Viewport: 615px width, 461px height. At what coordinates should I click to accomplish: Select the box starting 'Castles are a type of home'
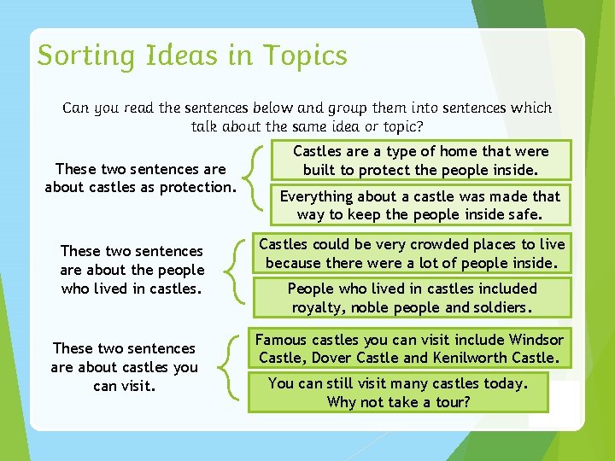[x=421, y=160]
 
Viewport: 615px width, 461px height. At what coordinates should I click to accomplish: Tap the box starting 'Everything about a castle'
[x=420, y=206]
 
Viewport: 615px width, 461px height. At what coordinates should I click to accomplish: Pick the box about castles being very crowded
[x=412, y=254]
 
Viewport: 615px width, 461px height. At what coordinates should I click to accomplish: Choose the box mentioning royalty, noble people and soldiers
[x=412, y=298]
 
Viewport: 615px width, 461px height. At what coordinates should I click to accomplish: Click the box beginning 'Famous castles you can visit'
[x=411, y=349]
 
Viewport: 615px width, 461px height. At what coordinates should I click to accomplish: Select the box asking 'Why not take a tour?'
[x=398, y=392]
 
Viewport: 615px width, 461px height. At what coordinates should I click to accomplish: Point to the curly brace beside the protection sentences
[x=256, y=178]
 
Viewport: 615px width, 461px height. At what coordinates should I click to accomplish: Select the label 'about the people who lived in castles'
[x=132, y=270]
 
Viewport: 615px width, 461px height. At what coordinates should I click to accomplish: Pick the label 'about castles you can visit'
[x=125, y=367]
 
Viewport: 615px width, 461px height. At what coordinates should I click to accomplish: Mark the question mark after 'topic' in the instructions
[x=419, y=126]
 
